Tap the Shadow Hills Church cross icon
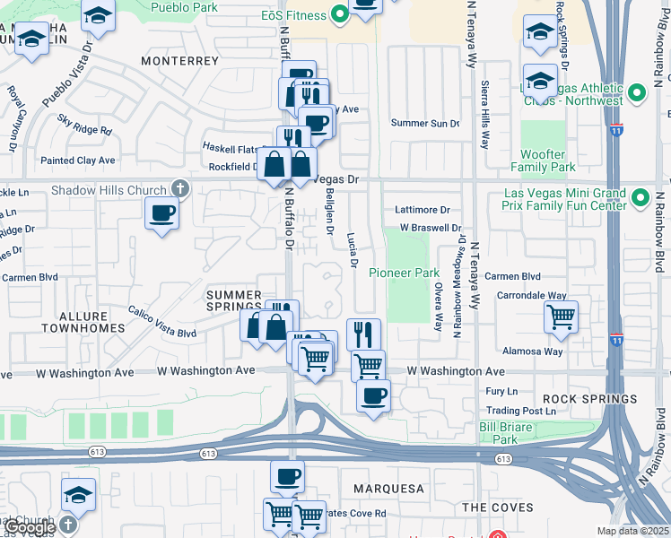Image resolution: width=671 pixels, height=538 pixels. tap(180, 189)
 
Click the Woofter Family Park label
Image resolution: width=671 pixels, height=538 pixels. tap(543, 161)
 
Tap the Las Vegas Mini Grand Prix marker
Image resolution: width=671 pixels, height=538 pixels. tap(640, 197)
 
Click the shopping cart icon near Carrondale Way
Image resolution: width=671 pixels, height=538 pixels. tap(561, 316)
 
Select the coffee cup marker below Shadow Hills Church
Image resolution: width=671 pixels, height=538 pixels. tap(161, 213)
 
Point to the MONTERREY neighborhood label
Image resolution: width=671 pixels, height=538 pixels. tap(179, 61)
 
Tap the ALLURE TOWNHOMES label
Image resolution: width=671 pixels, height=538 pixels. tap(91, 322)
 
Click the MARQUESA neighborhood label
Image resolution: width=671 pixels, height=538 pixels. tap(388, 489)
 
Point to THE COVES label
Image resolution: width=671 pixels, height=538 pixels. tap(497, 508)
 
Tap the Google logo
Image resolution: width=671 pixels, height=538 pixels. tap(28, 527)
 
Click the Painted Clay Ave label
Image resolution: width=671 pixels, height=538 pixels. tap(83, 161)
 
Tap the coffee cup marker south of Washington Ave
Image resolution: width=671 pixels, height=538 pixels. tap(373, 395)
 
